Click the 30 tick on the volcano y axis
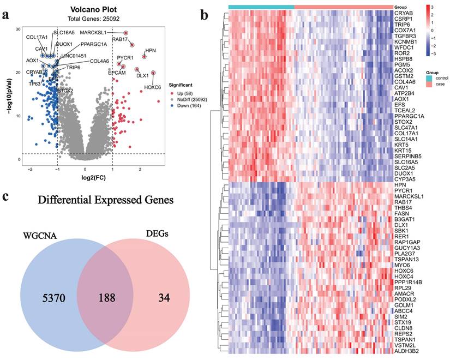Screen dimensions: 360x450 click(18, 28)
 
